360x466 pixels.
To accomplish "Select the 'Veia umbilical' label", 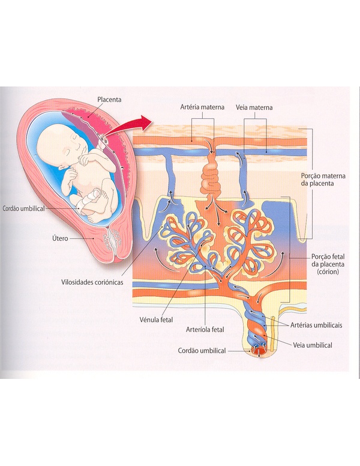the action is tap(313, 345).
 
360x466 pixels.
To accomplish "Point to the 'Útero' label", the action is tap(59, 238).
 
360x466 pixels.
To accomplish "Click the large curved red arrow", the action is tap(134, 124).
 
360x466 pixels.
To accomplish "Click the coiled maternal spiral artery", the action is tap(211, 174).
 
